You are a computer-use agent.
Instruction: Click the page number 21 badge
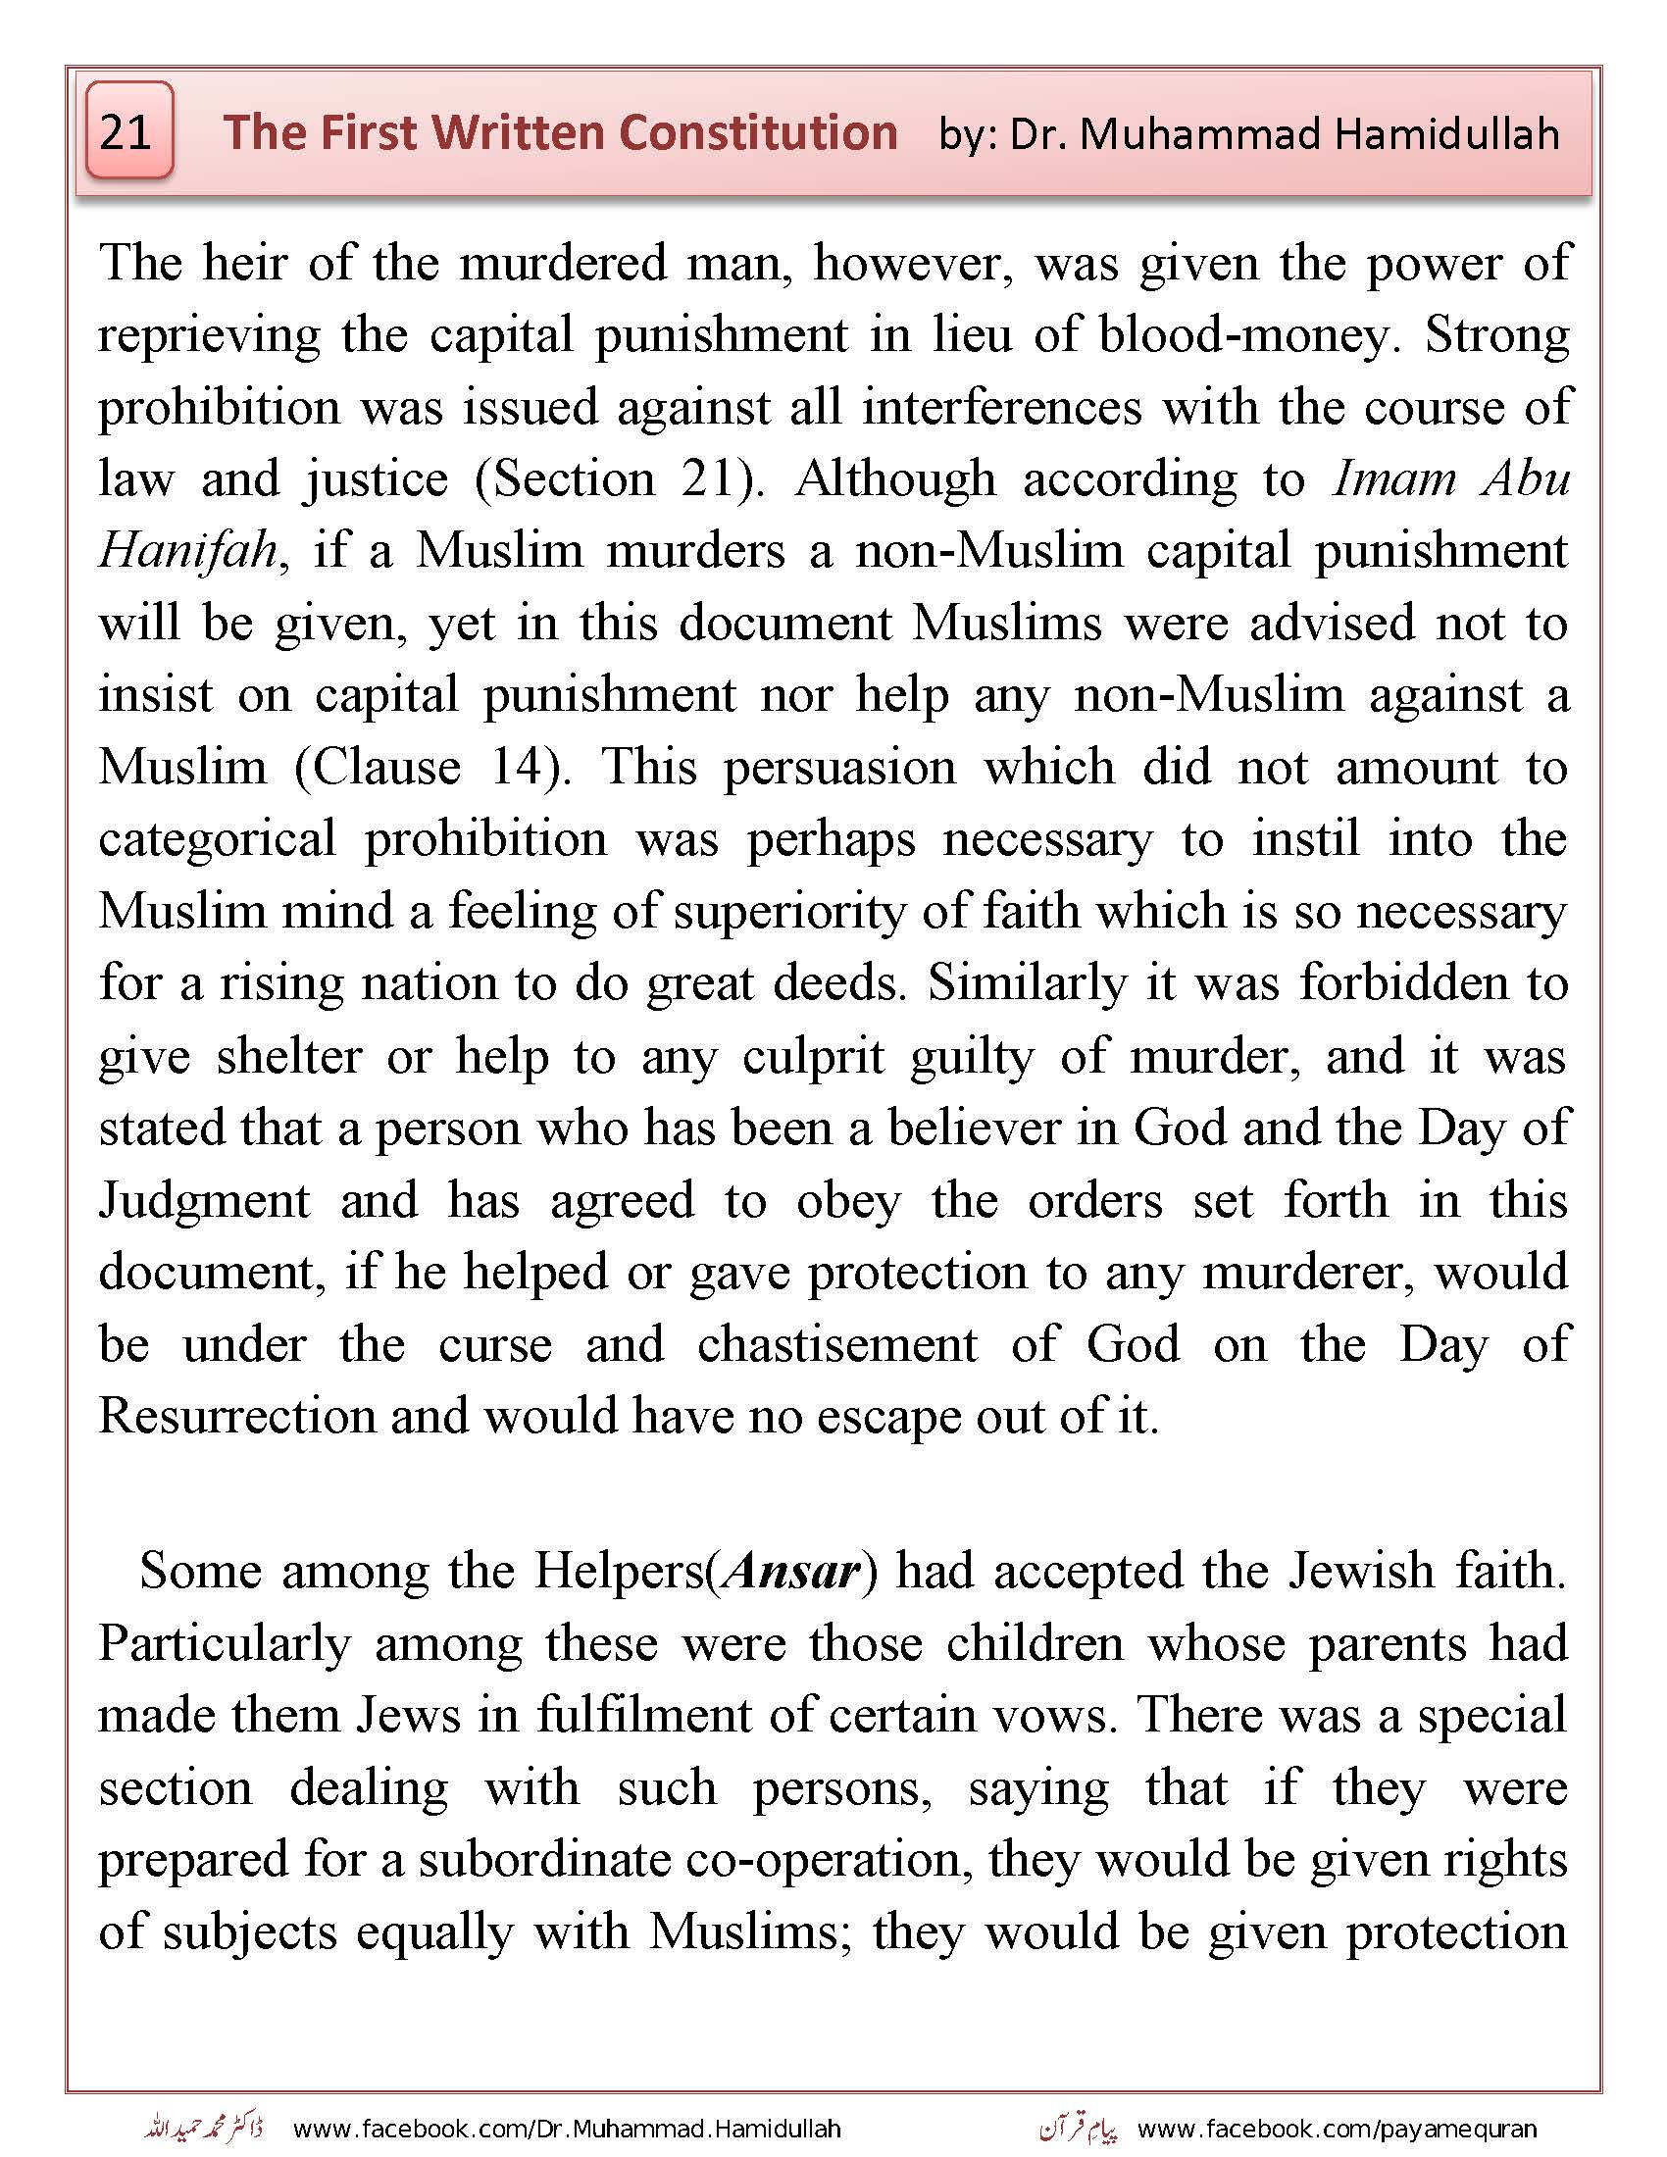pyautogui.click(x=129, y=131)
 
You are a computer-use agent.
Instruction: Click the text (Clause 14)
pyautogui.click(x=431, y=768)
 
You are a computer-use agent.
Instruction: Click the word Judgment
pyautogui.click(x=204, y=1201)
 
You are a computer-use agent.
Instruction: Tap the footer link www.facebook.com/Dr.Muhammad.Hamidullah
pyautogui.click(x=567, y=2128)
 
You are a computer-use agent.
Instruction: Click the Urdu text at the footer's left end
pyautogui.click(x=202, y=2128)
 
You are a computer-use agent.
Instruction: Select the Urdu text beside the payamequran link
pyautogui.click(x=1079, y=2128)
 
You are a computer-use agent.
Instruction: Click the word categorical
pyautogui.click(x=218, y=839)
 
